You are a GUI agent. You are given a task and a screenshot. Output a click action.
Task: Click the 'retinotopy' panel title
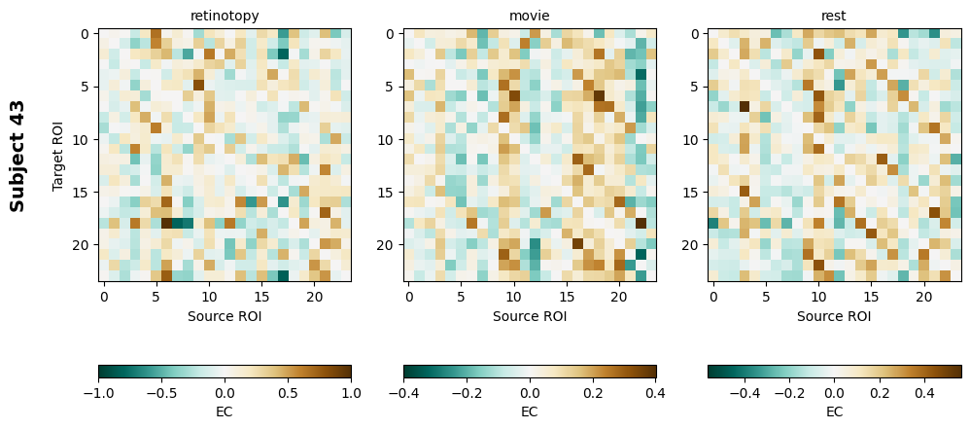coord(225,16)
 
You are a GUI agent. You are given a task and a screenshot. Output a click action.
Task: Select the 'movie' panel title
coord(530,16)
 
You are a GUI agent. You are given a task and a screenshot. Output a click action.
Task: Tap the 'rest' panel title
coord(834,16)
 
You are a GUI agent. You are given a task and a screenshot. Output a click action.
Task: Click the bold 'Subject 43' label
coord(17,156)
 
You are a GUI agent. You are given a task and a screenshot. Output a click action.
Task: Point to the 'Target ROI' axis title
coord(58,156)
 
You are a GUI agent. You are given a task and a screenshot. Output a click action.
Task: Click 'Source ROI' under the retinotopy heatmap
coord(225,315)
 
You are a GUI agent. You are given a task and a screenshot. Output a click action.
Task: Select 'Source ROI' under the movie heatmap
coord(530,315)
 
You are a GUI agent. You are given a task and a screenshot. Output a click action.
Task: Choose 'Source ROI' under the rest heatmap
coord(834,315)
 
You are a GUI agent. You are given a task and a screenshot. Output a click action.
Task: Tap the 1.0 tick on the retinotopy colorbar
coord(351,392)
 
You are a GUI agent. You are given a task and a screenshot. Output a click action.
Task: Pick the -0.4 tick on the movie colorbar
coord(404,392)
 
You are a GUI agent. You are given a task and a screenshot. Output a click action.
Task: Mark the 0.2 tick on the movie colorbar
coord(593,392)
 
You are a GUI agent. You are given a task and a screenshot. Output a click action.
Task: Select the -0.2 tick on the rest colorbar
coord(789,392)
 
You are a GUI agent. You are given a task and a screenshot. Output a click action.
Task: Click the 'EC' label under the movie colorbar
coord(530,411)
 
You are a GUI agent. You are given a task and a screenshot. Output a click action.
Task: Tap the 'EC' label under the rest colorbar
coord(834,411)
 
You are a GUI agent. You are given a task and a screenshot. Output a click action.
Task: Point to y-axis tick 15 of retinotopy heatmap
coord(84,193)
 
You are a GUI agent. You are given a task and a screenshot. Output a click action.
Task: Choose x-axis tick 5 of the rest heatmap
coord(766,295)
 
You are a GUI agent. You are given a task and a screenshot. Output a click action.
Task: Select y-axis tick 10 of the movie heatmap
coord(389,139)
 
